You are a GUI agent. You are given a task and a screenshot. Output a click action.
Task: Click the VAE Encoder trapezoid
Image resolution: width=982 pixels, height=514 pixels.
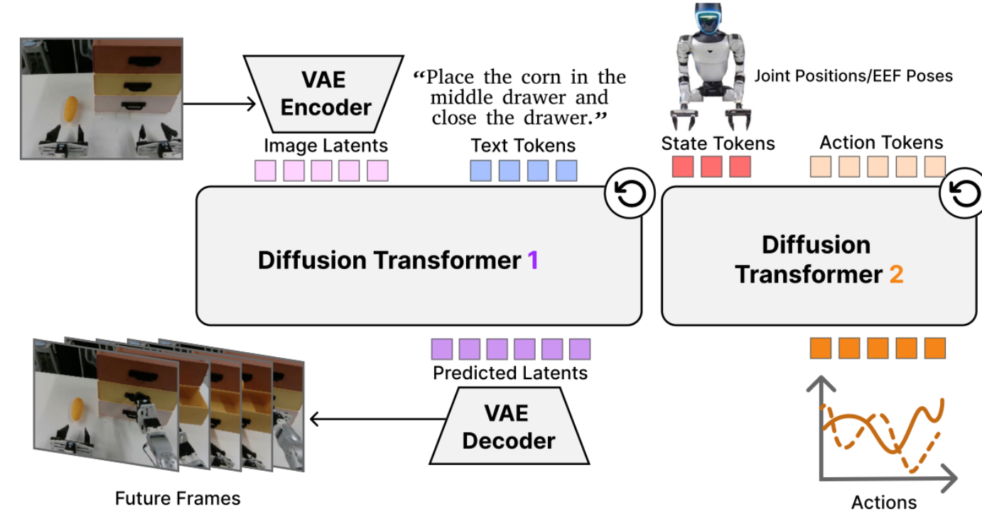coord(324,94)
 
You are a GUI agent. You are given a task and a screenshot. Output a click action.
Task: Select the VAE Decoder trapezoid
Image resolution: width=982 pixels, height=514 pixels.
coord(509,426)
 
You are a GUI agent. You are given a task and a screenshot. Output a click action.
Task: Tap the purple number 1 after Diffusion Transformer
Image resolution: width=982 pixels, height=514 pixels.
coord(533,261)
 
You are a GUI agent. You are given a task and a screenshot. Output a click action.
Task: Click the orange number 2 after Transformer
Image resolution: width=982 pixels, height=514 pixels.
coord(896,275)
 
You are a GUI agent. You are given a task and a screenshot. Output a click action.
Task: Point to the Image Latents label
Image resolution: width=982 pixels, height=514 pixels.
coord(325,146)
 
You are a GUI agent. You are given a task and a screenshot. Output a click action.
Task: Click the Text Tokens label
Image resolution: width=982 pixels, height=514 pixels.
coord(523,146)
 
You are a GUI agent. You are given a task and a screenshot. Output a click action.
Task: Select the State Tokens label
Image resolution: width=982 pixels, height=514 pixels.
coord(718,143)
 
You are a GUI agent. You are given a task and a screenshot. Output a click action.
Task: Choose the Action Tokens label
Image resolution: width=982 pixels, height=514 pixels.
coord(881,143)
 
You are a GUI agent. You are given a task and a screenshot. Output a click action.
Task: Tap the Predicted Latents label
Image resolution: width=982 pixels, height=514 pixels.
coord(510,373)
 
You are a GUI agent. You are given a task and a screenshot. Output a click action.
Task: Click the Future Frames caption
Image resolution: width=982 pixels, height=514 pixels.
coord(178,498)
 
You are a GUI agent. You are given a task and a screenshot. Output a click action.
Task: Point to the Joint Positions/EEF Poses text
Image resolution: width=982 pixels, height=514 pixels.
coord(853,76)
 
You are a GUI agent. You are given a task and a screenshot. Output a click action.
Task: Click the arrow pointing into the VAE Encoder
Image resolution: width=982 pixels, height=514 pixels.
coord(219,104)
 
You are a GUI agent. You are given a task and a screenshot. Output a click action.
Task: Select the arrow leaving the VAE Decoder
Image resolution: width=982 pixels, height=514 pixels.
coord(378,419)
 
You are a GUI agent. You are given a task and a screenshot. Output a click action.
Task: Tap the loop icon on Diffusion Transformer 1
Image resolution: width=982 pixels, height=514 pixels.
coord(630,193)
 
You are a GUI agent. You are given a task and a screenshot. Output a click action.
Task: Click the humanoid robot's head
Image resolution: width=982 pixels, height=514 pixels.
coord(708,18)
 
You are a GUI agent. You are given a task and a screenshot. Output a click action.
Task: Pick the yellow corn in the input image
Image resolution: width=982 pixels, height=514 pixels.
coord(71,109)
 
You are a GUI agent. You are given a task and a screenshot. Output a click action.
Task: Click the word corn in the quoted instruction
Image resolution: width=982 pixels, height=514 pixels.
coord(541,77)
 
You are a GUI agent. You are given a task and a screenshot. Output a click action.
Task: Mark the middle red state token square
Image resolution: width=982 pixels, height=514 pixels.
coord(711,167)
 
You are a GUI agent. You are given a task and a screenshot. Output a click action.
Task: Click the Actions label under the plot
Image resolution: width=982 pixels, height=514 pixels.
coord(884,502)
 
